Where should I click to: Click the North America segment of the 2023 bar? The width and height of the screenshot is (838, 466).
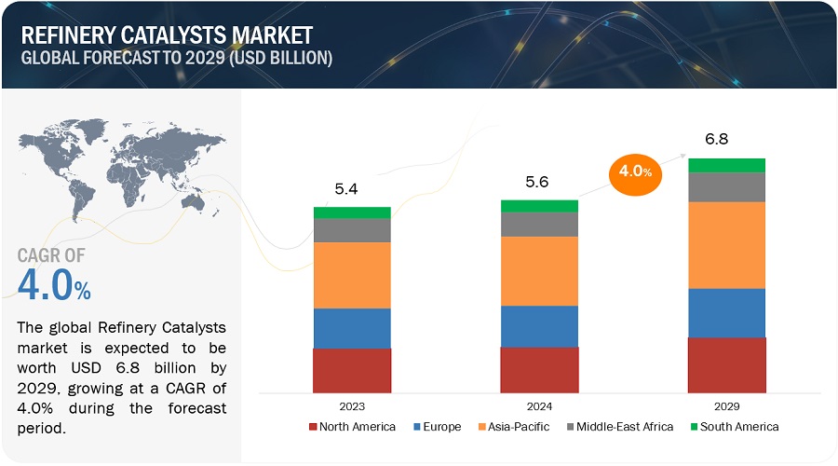pyautogui.click(x=352, y=370)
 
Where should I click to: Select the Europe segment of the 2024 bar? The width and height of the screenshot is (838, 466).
pyautogui.click(x=539, y=325)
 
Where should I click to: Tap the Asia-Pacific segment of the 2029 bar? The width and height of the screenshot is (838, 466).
pyautogui.click(x=726, y=244)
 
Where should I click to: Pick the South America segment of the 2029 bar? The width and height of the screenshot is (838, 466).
pyautogui.click(x=726, y=165)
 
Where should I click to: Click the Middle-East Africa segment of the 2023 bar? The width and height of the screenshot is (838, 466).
pyautogui.click(x=352, y=230)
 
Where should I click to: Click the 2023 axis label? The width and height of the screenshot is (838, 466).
pyautogui.click(x=352, y=405)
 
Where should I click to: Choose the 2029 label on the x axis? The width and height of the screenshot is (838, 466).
pyautogui.click(x=726, y=405)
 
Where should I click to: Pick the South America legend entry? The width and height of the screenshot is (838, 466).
pyautogui.click(x=733, y=427)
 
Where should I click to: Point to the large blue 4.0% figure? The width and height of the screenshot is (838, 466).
pyautogui.click(x=54, y=285)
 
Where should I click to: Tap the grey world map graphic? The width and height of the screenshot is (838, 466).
pyautogui.click(x=121, y=168)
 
